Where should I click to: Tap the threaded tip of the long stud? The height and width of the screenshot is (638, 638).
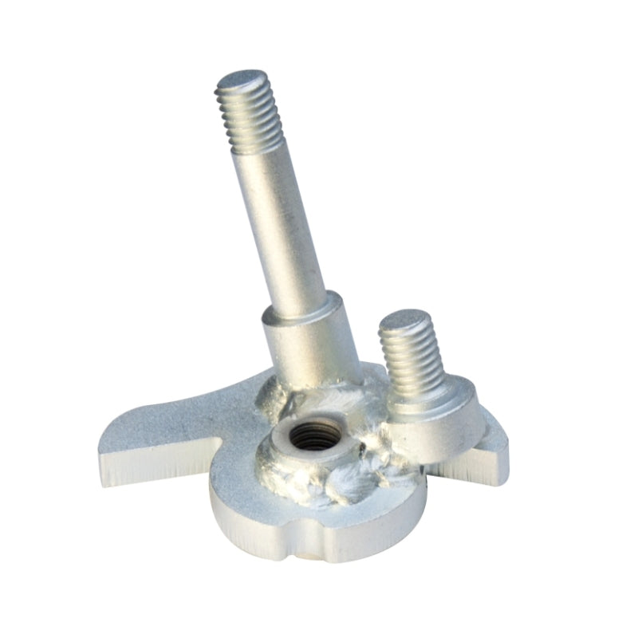click(247, 116)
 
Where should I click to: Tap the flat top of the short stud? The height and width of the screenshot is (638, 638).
click(405, 321)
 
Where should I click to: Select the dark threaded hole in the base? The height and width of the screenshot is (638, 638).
click(313, 435)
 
